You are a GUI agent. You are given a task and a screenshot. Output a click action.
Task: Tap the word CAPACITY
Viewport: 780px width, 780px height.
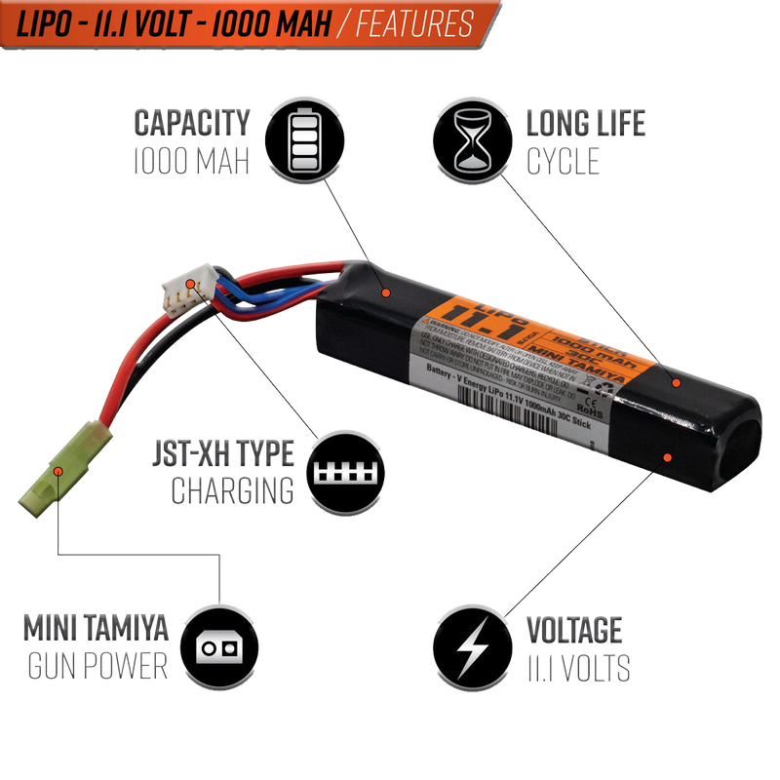tap(191, 124)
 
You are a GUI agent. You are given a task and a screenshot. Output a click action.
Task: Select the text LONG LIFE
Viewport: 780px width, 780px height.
tap(586, 124)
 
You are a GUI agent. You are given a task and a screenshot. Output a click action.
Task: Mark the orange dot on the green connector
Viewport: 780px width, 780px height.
tap(60, 470)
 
